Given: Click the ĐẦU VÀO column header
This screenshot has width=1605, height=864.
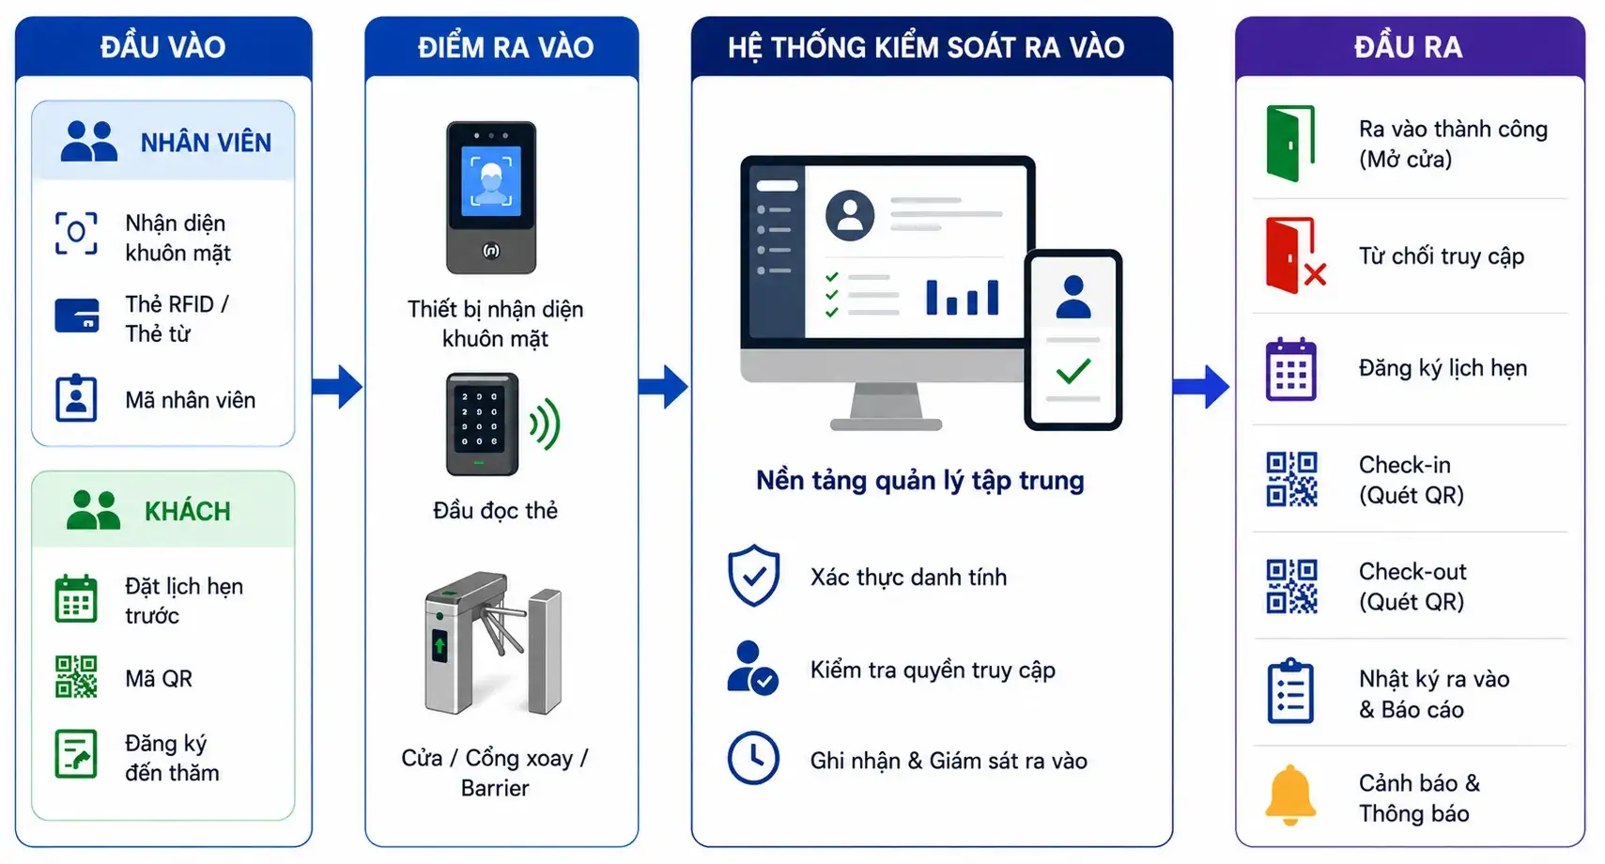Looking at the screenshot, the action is tap(162, 47).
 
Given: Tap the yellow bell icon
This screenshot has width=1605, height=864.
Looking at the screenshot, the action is tap(1289, 795).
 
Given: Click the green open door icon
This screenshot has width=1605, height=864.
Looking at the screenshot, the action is tap(1289, 144).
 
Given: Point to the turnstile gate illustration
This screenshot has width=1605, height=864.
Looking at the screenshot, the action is tap(494, 642).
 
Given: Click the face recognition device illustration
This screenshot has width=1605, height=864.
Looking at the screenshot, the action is tap(491, 198).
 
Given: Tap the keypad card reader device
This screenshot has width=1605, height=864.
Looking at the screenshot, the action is tap(482, 424).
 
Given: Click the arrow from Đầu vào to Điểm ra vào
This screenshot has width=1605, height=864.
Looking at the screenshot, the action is tap(337, 387).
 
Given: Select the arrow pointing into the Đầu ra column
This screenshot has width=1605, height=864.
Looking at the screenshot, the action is tap(1201, 387).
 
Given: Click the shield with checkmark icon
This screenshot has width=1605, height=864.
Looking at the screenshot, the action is tap(754, 576).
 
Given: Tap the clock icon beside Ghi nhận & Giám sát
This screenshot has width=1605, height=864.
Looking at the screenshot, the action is tap(753, 758).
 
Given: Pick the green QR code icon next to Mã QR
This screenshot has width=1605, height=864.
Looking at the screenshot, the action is tap(76, 676).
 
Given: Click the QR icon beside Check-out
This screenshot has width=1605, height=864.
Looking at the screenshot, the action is tap(1291, 586).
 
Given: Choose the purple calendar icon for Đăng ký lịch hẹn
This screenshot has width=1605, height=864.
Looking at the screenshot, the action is tap(1291, 369).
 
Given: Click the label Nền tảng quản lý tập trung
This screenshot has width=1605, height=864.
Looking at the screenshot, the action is tap(920, 481).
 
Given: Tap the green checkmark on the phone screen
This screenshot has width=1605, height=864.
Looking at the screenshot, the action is tap(1073, 370).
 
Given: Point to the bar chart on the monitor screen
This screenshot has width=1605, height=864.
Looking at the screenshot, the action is tap(963, 297).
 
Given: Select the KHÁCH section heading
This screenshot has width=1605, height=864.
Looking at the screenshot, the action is tap(188, 512).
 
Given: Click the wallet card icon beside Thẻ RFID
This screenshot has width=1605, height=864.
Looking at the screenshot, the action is tap(77, 316).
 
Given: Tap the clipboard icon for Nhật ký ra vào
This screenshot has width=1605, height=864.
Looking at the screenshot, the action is tap(1290, 691).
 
